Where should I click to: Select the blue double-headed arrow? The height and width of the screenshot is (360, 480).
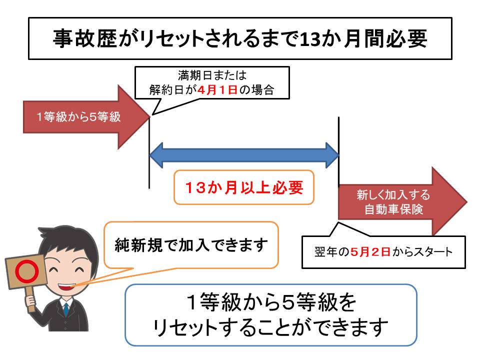click(244, 155)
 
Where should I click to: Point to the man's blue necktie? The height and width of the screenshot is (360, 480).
click(66, 310)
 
